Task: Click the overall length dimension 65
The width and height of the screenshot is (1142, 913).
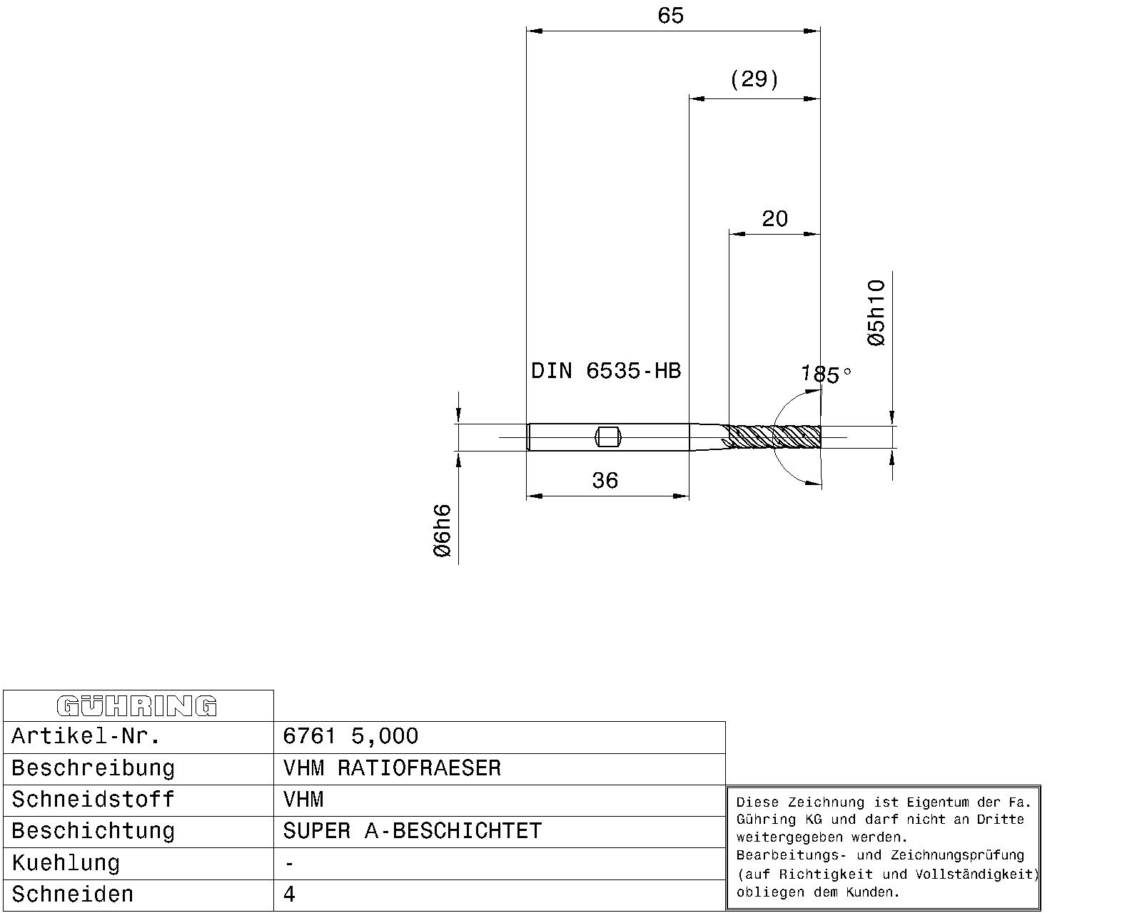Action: coord(670,16)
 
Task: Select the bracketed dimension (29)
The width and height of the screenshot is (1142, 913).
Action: coord(754,79)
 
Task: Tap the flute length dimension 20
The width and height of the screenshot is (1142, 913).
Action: coord(775,218)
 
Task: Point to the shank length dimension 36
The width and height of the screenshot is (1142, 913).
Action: coord(605,481)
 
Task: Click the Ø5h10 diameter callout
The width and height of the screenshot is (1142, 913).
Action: coord(876,313)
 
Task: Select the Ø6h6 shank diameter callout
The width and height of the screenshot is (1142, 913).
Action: coord(442,531)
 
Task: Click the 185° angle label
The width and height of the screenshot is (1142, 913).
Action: coord(826,374)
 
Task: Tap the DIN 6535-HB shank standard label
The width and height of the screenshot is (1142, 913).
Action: coord(606,371)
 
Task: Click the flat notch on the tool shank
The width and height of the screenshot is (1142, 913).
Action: coord(608,437)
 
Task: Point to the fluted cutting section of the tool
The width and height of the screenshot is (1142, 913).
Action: coord(775,437)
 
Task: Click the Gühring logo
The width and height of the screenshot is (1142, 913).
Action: coord(137,706)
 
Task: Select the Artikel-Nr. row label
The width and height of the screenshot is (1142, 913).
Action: coord(86,736)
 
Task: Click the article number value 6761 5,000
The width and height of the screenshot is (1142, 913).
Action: coord(350,736)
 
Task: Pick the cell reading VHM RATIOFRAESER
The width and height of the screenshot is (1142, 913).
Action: coord(392,768)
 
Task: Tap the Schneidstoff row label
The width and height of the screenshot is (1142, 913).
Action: coord(93,800)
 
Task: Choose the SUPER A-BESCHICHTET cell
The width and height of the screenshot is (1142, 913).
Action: coord(413,831)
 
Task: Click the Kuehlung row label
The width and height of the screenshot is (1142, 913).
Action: coord(66,863)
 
